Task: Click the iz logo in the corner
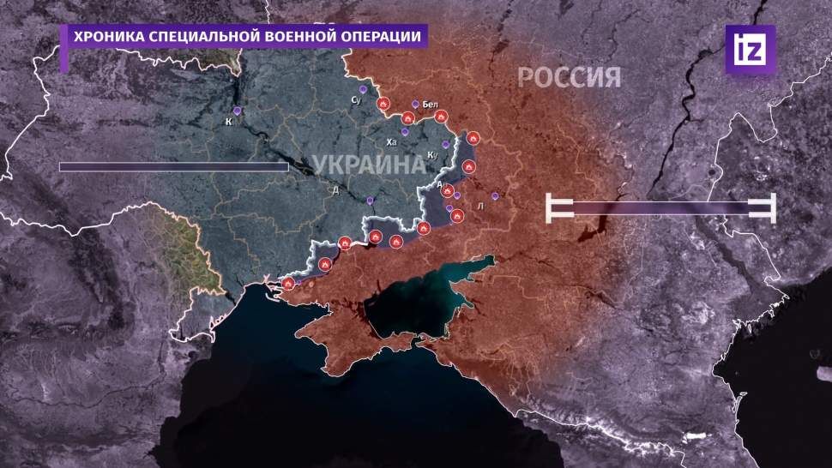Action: (750, 48)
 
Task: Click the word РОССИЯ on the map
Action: (569, 78)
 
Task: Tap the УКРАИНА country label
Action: (362, 165)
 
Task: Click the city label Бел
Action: (431, 105)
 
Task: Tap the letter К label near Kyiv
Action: (229, 122)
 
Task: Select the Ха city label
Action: (392, 141)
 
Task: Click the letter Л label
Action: (479, 207)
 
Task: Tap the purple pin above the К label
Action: (238, 111)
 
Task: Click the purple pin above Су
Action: (363, 89)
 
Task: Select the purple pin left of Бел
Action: (415, 105)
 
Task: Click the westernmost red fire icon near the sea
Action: (289, 283)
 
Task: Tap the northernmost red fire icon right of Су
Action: (383, 105)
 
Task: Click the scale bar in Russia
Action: (660, 208)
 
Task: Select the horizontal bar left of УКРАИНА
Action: (173, 167)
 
